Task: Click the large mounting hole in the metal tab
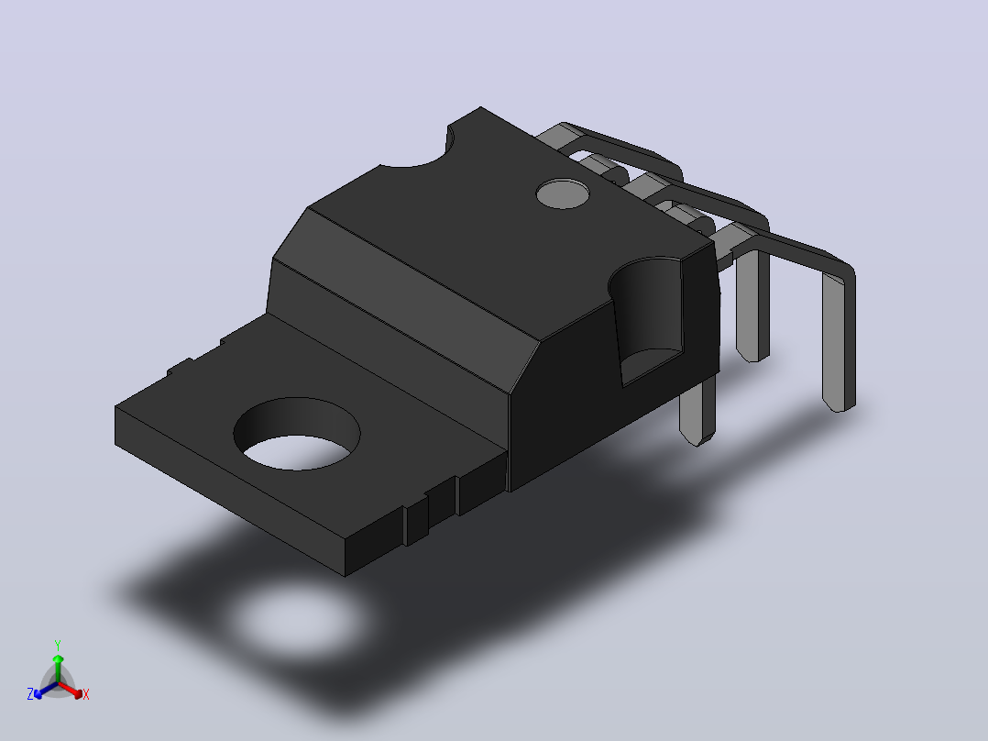coord(297,434)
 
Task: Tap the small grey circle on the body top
coord(563,194)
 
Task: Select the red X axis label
coord(86,694)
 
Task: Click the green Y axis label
coord(58,645)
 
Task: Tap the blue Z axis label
coord(30,694)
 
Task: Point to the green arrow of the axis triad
coord(58,668)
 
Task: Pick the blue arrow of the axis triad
coord(46,690)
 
